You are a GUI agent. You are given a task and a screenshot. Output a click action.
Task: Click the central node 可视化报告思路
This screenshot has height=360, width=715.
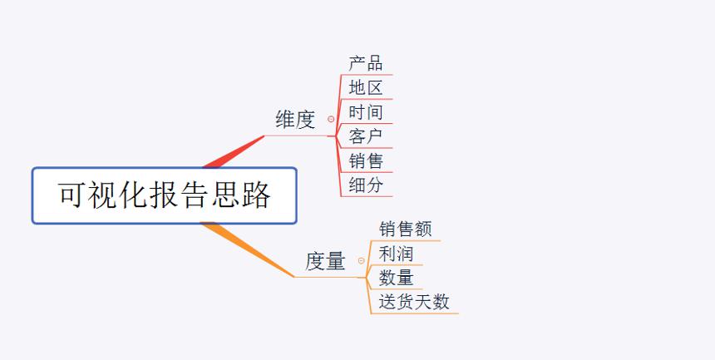tap(164, 195)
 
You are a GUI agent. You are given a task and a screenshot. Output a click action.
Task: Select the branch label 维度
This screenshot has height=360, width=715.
tap(295, 120)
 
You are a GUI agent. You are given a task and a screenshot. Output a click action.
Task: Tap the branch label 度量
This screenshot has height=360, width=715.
tap(325, 261)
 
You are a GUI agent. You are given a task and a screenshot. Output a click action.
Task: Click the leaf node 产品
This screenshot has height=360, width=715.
tap(366, 63)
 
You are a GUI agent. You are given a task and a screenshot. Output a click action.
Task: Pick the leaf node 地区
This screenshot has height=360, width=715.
tap(366, 87)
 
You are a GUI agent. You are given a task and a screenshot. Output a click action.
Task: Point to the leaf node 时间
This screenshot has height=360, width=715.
tap(366, 112)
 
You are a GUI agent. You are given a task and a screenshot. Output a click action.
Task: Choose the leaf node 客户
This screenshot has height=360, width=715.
tap(366, 136)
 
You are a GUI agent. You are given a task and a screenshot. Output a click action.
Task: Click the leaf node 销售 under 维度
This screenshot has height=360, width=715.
tap(366, 161)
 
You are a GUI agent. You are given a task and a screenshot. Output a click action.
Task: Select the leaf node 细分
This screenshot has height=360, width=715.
tap(366, 185)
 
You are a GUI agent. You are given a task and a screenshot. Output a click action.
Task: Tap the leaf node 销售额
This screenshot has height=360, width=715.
tap(405, 229)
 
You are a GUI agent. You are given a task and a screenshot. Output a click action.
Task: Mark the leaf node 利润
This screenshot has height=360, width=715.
tap(396, 254)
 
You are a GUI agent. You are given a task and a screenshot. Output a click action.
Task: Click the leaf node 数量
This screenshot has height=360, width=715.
tap(396, 278)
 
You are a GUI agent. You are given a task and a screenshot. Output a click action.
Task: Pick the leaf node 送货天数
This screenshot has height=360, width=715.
tap(414, 302)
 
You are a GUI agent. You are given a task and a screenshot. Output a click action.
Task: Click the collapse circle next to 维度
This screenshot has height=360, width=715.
tap(331, 119)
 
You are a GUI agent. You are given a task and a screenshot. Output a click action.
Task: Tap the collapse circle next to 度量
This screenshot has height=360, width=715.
tap(361, 260)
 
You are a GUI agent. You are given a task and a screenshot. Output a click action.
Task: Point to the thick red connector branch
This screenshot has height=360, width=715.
tap(234, 152)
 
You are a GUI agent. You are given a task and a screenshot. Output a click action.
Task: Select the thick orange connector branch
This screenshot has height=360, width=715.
tap(248, 249)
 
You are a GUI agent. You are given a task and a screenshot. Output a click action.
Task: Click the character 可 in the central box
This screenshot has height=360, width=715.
tap(72, 195)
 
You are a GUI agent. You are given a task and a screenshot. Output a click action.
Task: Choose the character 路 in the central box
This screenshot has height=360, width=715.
tap(256, 195)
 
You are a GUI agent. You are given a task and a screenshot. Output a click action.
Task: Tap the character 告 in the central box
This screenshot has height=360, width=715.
tap(195, 195)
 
